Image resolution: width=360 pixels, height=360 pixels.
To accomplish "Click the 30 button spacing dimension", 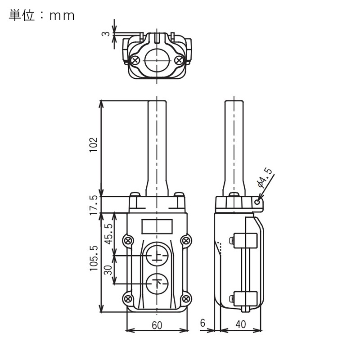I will (108, 270).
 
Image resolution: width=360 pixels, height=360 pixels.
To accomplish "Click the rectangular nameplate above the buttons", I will (157, 226).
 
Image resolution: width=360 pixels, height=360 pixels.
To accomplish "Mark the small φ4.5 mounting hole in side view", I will (257, 202).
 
